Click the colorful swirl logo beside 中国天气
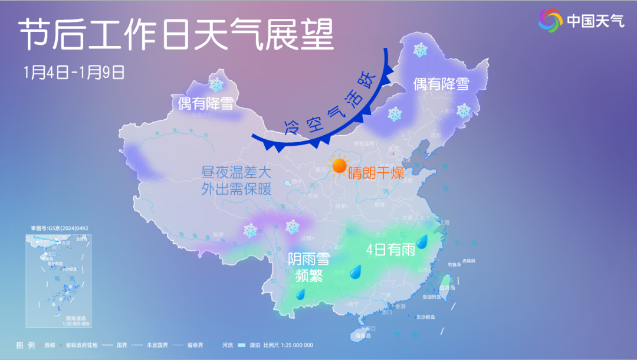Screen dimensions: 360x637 pyautogui.click(x=550, y=21)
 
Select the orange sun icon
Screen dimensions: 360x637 pyautogui.click(x=339, y=166)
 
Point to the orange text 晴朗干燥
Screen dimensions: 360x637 pyautogui.click(x=375, y=174)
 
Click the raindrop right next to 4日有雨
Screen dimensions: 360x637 pyautogui.click(x=422, y=241)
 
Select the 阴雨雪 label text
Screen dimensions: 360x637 pyautogui.click(x=308, y=259)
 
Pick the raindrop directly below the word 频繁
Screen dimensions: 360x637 pyautogui.click(x=300, y=294)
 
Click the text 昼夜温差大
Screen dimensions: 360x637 pyautogui.click(x=235, y=174)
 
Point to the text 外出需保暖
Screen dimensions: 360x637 pyautogui.click(x=235, y=190)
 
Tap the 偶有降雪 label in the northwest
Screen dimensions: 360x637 pyautogui.click(x=205, y=104)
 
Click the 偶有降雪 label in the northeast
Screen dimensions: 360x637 pyautogui.click(x=441, y=84)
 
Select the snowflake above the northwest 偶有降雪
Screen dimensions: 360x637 pyautogui.click(x=216, y=84)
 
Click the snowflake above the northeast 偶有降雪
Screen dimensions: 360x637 pyautogui.click(x=420, y=50)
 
